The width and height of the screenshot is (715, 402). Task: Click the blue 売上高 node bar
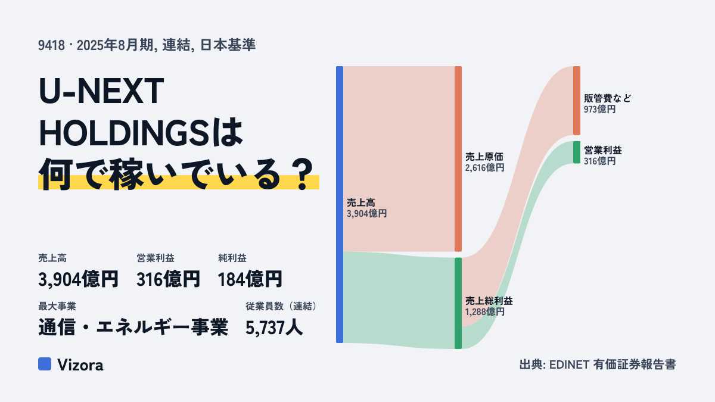pyautogui.click(x=340, y=204)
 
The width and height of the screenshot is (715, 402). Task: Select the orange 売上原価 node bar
pyautogui.click(x=458, y=159)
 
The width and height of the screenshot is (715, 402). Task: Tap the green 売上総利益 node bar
pyautogui.click(x=458, y=303)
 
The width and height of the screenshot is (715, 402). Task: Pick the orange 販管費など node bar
pyautogui.click(x=577, y=101)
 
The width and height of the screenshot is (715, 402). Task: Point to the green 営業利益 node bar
pyautogui.click(x=577, y=152)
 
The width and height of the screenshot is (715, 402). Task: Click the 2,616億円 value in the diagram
pyautogui.click(x=484, y=167)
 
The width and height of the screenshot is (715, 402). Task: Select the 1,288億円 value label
pyautogui.click(x=484, y=311)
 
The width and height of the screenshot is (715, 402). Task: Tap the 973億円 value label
pyautogui.click(x=600, y=109)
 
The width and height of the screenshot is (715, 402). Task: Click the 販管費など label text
pyautogui.click(x=607, y=98)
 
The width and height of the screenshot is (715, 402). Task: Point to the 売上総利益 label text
pyautogui.click(x=489, y=301)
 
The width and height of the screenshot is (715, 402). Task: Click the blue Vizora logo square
pyautogui.click(x=45, y=364)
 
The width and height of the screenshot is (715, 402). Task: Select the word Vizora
pyautogui.click(x=80, y=364)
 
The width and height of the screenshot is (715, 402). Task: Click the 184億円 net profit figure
pyautogui.click(x=250, y=279)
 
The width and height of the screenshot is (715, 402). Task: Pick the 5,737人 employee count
pyautogui.click(x=274, y=328)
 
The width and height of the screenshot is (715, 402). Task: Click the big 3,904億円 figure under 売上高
pyautogui.click(x=78, y=279)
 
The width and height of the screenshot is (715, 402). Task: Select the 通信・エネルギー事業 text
pyautogui.click(x=133, y=328)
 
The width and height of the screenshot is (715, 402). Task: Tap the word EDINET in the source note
pyautogui.click(x=569, y=364)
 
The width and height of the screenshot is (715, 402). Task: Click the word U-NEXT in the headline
pyautogui.click(x=101, y=91)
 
